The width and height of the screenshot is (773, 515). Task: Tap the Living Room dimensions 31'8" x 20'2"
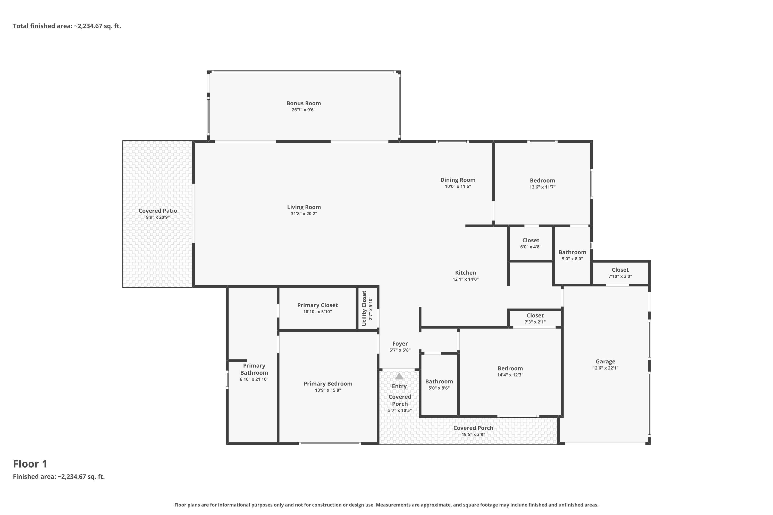click(x=304, y=214)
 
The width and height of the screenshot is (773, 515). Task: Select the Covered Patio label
click(x=158, y=211)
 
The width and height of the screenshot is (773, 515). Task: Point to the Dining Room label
click(x=458, y=180)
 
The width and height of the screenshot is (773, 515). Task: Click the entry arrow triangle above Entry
click(x=399, y=376)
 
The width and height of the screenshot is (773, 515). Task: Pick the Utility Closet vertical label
click(x=364, y=308)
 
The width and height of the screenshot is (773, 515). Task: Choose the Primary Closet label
click(x=317, y=305)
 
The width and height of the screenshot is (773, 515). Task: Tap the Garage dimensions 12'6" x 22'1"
click(x=605, y=368)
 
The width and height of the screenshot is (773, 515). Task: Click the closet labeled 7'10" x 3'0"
click(x=620, y=273)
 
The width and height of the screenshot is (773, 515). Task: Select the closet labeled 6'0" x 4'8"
click(x=531, y=243)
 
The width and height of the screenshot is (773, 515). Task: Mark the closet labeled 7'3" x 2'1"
click(x=535, y=319)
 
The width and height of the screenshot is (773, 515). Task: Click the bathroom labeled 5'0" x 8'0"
click(x=572, y=255)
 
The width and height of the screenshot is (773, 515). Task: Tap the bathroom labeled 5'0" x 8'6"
click(x=439, y=384)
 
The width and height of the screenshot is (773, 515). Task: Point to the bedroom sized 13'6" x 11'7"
click(x=542, y=184)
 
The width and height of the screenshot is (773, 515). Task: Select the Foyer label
click(x=400, y=344)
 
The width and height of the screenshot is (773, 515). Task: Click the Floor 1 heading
click(x=30, y=464)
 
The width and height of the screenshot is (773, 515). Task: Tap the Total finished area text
click(x=67, y=26)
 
